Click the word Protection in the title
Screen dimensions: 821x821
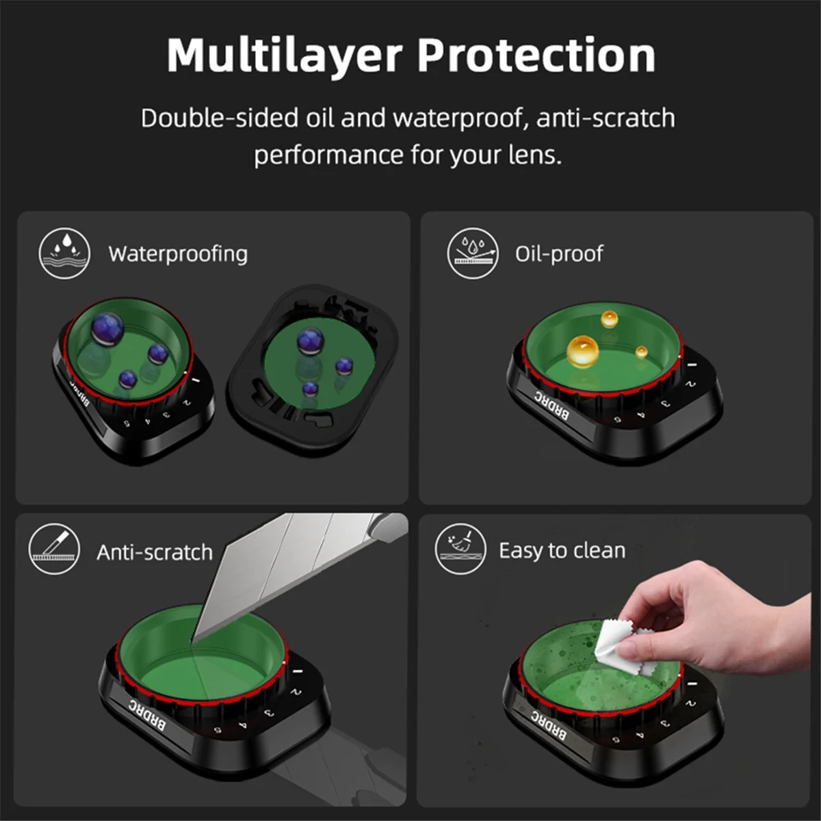536,56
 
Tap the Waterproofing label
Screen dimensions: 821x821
178,254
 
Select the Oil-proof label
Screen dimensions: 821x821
559,254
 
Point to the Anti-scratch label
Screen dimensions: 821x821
155,552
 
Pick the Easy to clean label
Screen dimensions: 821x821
562,551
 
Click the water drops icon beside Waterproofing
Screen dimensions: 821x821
64,253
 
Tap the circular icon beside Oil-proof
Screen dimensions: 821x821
473,253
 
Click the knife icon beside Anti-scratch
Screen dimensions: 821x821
55,549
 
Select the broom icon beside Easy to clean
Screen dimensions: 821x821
460,549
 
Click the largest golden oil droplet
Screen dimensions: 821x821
582,351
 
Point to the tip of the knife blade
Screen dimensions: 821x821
194,642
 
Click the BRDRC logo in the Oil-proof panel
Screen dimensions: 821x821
551,405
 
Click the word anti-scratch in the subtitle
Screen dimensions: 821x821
605,118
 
